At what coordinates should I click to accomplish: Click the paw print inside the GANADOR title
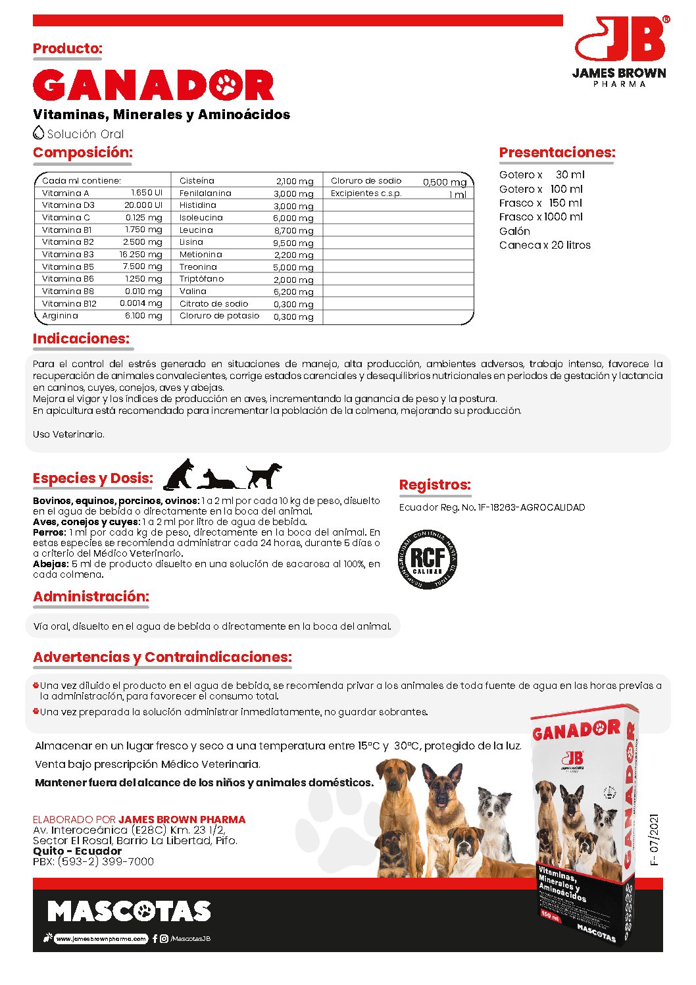(x=228, y=85)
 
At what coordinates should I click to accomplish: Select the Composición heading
(x=83, y=153)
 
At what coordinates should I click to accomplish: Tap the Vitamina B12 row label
(x=69, y=304)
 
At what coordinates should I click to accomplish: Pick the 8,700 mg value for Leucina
(x=293, y=231)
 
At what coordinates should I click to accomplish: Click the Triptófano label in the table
(x=201, y=279)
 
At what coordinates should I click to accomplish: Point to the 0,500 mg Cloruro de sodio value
(x=444, y=182)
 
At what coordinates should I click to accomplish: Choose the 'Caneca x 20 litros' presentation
(x=545, y=245)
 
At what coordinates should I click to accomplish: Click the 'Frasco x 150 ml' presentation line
(x=540, y=203)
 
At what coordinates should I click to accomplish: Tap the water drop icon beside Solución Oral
(x=39, y=132)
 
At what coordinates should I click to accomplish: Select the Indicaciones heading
(x=81, y=339)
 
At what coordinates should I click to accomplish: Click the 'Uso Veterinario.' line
(x=68, y=434)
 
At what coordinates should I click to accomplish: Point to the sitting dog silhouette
(x=179, y=474)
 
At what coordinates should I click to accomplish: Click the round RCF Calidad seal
(x=428, y=559)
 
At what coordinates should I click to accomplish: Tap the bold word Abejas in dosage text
(x=50, y=564)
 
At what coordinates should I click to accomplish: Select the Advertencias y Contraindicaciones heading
(x=162, y=657)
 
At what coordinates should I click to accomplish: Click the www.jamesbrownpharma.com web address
(x=101, y=939)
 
